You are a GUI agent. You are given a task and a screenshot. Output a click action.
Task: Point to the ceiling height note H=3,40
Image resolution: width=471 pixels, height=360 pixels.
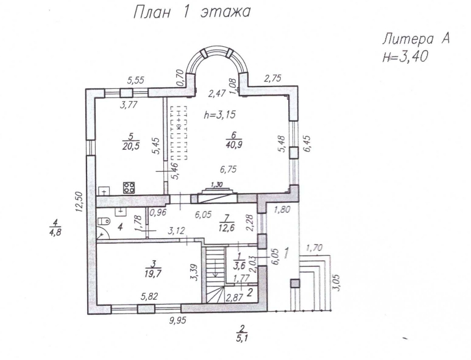click(x=405, y=57)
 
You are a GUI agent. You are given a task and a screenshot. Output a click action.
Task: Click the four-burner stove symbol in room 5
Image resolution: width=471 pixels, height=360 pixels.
click(x=129, y=188)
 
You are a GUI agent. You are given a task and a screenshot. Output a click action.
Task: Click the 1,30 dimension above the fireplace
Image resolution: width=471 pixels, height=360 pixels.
click(x=216, y=184)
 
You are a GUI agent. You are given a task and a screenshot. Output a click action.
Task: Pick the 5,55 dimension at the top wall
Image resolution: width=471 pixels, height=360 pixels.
click(x=135, y=80)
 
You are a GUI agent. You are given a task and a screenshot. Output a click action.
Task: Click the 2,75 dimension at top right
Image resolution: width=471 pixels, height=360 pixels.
click(x=272, y=79)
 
